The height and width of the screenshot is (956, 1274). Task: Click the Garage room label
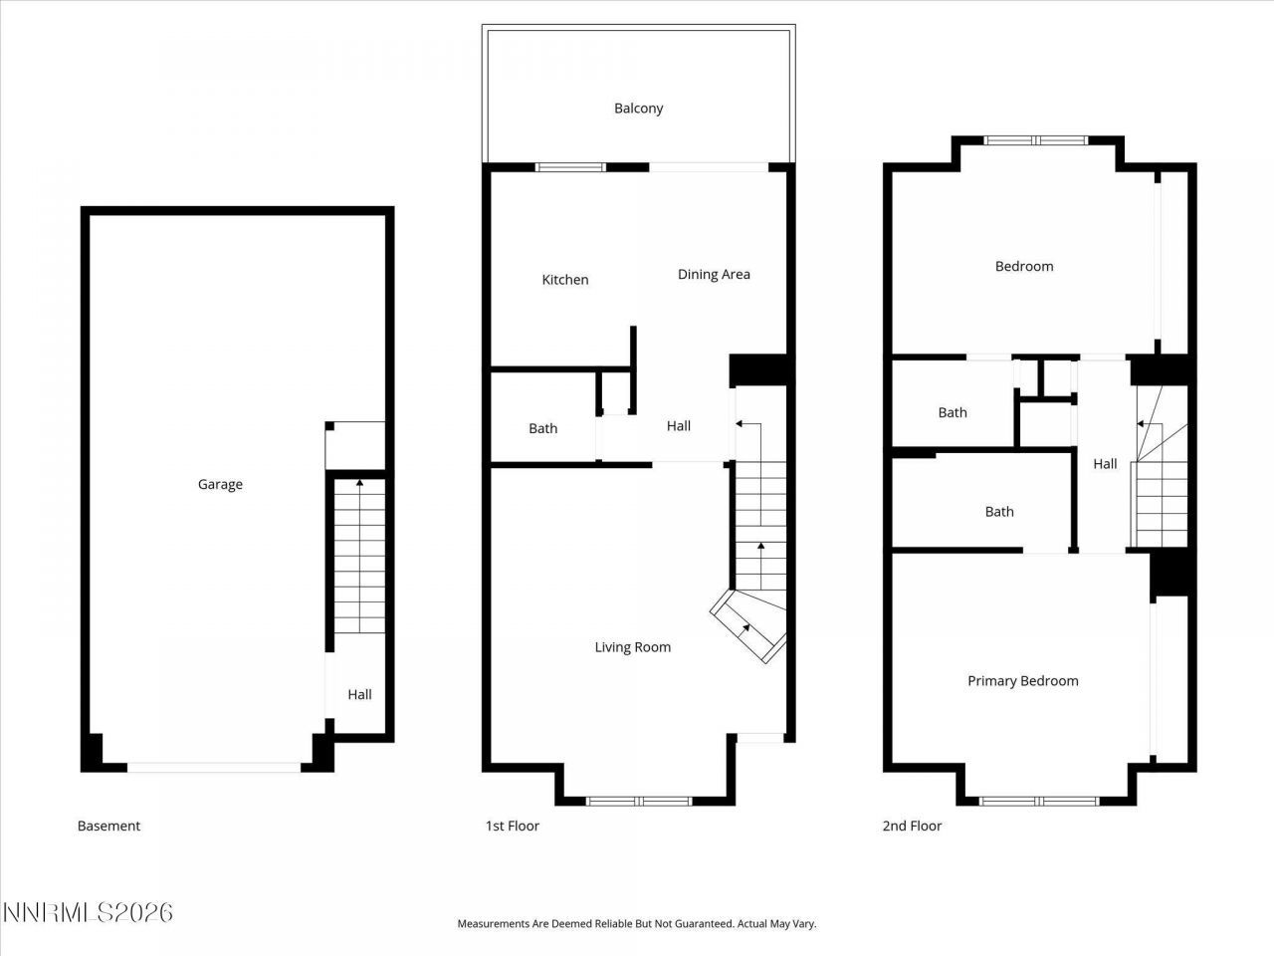coord(220,485)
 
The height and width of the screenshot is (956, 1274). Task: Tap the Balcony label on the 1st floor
coord(638,109)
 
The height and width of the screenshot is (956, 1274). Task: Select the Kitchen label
coord(564,280)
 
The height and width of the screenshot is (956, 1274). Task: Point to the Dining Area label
coord(714,275)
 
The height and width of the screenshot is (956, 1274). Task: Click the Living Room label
coord(632,647)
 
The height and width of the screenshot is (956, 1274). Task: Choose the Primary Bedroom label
coord(1022,681)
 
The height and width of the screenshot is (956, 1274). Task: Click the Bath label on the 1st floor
coord(542,429)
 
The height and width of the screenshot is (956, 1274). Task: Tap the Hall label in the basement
coord(359,695)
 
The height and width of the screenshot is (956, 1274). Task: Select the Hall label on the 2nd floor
coord(1105,464)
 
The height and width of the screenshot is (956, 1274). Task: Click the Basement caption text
coord(108,826)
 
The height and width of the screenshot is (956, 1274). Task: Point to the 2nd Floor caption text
coord(912,826)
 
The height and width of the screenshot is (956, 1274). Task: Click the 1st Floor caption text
coord(512,826)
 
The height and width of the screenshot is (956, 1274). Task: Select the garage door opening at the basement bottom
coord(213,768)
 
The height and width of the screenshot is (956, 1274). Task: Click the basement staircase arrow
coord(358,485)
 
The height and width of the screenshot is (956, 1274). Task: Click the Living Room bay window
coord(638,801)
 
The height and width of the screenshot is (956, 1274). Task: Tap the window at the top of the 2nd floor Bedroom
coord(1036,140)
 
